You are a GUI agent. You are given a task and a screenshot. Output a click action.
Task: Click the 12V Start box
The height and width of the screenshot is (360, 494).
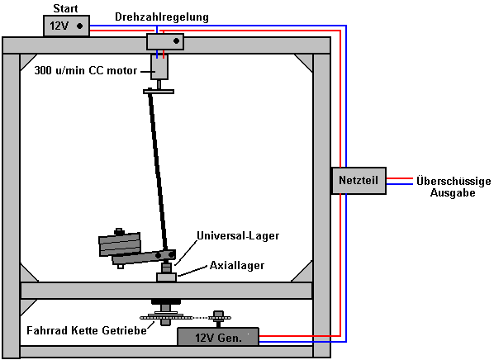(66, 26)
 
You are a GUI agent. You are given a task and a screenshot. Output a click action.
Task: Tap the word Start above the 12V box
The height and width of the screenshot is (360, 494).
(65, 8)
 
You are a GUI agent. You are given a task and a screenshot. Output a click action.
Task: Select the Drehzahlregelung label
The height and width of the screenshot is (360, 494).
(162, 17)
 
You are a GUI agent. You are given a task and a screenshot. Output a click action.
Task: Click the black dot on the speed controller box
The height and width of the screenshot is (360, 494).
(177, 41)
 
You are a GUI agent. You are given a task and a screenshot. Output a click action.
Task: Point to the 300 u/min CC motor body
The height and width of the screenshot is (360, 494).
(159, 67)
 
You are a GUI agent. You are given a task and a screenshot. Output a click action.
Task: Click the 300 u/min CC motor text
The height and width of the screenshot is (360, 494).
(86, 70)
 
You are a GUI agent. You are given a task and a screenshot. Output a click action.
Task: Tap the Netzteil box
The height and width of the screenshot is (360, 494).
(359, 181)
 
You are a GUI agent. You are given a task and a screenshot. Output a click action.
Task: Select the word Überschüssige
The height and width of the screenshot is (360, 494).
(454, 181)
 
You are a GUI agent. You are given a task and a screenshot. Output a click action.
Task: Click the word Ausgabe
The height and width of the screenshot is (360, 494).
(453, 192)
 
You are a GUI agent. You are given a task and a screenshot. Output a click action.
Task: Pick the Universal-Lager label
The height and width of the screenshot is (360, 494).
(238, 235)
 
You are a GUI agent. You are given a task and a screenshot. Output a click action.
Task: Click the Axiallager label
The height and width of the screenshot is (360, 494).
(237, 266)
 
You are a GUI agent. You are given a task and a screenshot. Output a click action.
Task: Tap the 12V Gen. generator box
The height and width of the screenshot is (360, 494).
(218, 337)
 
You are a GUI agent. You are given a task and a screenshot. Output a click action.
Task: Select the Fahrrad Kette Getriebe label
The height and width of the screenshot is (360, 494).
(87, 330)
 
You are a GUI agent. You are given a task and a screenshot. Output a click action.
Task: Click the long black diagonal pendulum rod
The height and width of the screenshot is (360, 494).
(158, 170)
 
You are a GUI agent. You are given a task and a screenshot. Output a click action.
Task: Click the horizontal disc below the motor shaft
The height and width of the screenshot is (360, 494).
(159, 92)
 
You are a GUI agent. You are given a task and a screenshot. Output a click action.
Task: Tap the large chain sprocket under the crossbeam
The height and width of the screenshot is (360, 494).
(166, 316)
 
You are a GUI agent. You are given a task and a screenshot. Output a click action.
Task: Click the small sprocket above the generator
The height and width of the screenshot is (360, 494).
(218, 318)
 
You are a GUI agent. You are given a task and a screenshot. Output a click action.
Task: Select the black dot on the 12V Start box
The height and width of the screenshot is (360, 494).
(79, 26)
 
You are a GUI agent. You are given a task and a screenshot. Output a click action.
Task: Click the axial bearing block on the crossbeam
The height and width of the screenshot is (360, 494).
(166, 277)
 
